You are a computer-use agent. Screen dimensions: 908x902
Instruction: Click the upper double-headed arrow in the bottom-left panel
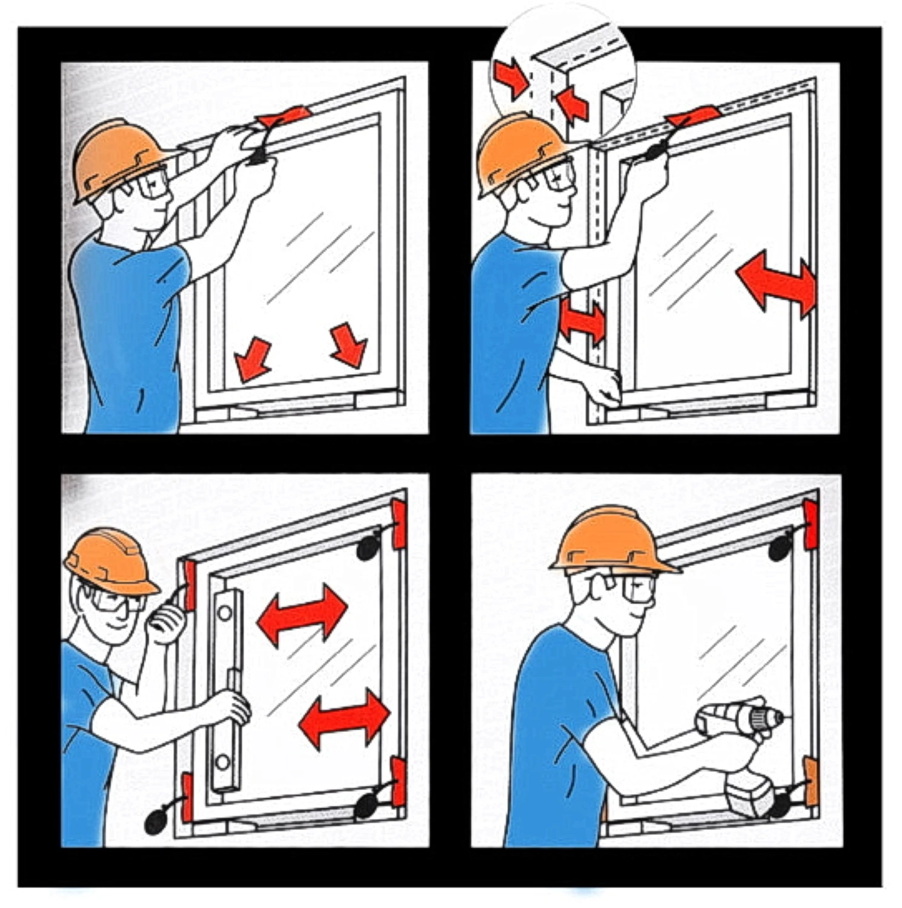[302, 614]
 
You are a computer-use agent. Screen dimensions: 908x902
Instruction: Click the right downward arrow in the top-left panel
[350, 345]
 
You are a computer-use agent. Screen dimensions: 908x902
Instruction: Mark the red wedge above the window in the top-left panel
[285, 116]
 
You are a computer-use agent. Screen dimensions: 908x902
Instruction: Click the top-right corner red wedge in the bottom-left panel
[398, 524]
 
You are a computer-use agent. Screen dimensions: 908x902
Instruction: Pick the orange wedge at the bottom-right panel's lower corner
[810, 781]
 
